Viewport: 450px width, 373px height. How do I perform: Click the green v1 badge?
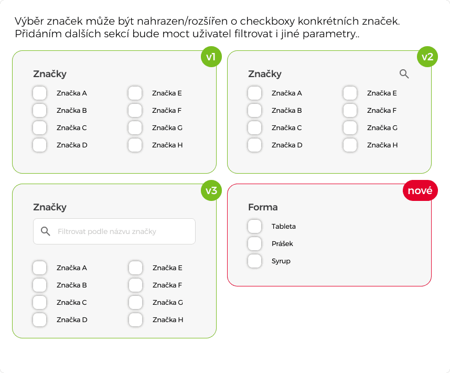[211, 57]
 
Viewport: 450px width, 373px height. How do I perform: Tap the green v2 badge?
[427, 57]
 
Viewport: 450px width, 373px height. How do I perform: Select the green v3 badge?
[211, 190]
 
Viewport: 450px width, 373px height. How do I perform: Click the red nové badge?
[420, 190]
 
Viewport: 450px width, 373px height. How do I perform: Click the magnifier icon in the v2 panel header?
[404, 74]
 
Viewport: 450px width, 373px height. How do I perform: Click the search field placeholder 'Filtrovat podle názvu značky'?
[107, 231]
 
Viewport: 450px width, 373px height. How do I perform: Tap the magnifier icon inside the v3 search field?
[45, 231]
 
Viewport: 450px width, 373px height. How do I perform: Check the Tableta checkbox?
[254, 226]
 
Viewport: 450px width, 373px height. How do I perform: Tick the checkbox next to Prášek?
[254, 243]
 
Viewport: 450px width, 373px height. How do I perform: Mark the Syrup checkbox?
[254, 261]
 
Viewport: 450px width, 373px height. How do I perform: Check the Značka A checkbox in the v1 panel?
[40, 93]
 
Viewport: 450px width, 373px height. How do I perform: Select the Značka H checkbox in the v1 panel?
[135, 145]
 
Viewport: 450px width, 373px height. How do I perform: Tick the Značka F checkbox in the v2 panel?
[350, 110]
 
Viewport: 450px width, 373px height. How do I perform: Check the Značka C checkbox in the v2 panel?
[254, 128]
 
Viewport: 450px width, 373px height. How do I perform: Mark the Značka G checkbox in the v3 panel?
[135, 302]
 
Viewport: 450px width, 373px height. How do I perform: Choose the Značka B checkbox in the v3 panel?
[40, 285]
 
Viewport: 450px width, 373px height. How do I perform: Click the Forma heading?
[263, 207]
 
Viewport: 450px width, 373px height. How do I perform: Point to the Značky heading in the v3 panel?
[50, 207]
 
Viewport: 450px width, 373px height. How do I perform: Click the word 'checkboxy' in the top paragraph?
[267, 22]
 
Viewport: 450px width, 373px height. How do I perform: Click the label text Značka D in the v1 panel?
[72, 145]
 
